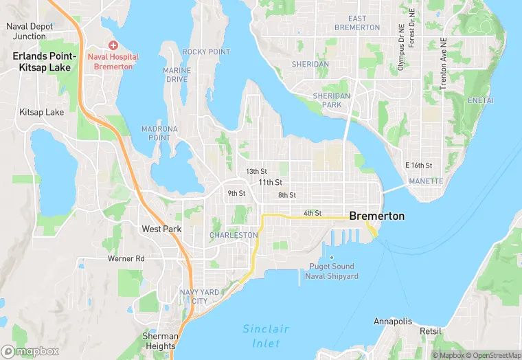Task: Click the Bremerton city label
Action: coord(376,216)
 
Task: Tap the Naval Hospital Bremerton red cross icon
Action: coord(113,45)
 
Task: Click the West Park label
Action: coord(161,229)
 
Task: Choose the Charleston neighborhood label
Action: coord(234,235)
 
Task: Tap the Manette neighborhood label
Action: coord(426,181)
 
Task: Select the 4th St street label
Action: coord(313,213)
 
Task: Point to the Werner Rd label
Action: coord(126,259)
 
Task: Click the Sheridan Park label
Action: coord(332,100)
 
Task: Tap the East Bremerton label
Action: coord(357,23)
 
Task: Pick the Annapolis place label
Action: coord(393,322)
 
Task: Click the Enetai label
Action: coord(480,100)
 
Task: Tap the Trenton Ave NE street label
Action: coord(442,69)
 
